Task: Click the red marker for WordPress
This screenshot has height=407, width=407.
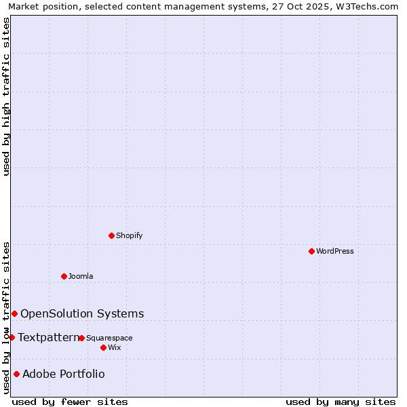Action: (311, 251)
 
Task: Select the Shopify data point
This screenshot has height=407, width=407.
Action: (111, 235)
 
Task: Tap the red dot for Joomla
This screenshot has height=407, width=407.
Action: (64, 276)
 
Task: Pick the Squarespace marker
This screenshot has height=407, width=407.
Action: (81, 338)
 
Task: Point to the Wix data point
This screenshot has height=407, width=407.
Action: (103, 347)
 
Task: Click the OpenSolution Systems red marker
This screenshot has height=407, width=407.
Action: (14, 313)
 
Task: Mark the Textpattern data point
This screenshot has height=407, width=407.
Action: (12, 337)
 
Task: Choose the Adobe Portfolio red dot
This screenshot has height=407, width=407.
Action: (16, 374)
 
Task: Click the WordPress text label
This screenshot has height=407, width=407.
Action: (335, 251)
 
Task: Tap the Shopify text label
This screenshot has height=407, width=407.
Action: (130, 235)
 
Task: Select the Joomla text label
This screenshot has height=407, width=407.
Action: (81, 276)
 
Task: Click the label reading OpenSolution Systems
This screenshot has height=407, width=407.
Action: (82, 313)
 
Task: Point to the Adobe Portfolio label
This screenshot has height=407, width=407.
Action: (64, 374)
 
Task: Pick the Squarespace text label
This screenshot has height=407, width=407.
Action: (109, 338)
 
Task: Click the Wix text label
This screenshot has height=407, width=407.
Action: (114, 347)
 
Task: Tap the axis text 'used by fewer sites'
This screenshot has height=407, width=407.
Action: (70, 402)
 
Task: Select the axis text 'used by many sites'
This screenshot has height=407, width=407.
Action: (341, 402)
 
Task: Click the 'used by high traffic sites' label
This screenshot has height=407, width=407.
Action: (6, 96)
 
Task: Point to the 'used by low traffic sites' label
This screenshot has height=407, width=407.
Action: (6, 317)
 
